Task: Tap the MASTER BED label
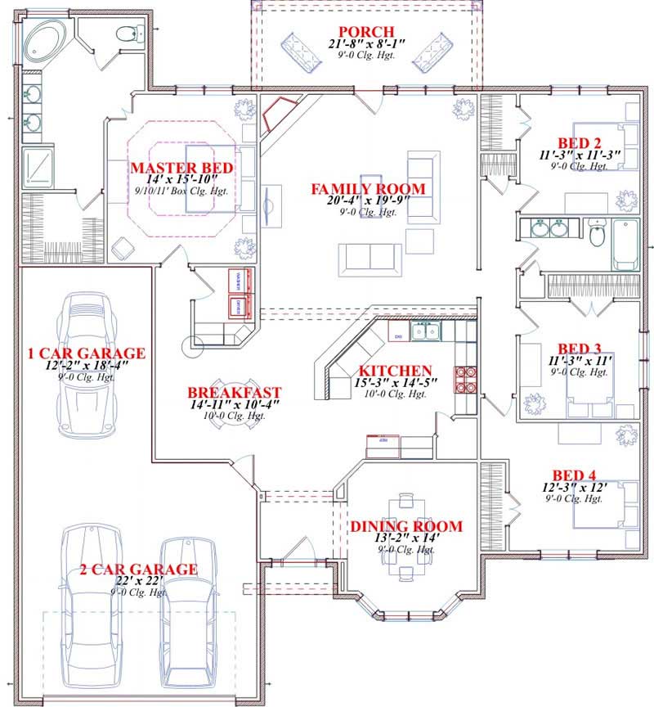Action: click(x=182, y=168)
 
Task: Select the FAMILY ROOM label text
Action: click(x=368, y=189)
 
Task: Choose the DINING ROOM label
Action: click(x=406, y=526)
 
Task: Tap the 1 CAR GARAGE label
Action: click(x=86, y=353)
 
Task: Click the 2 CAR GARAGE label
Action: click(x=138, y=569)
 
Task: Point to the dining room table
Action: click(x=406, y=536)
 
